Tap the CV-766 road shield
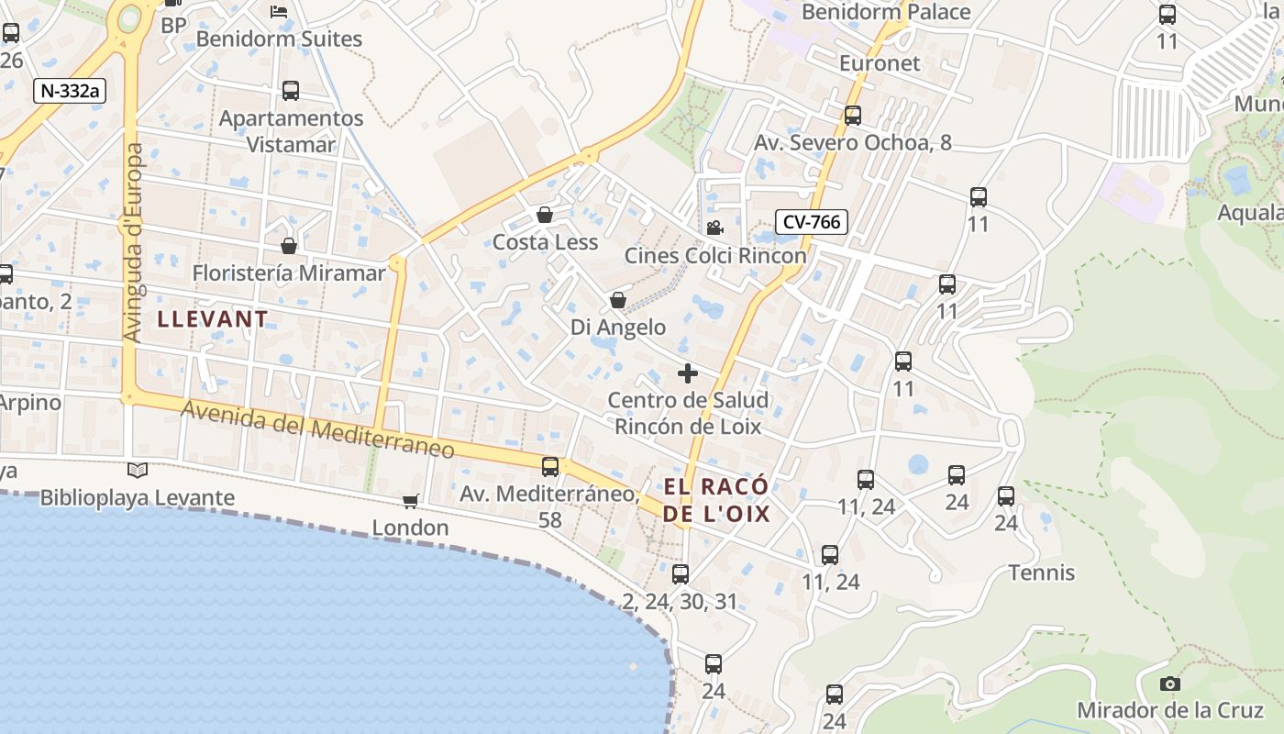[x=812, y=221]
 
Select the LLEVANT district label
[x=213, y=319]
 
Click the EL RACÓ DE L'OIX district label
[x=716, y=500]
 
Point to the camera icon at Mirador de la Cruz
[x=1169, y=684]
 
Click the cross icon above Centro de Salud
[x=688, y=373]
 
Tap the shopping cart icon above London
[x=410, y=501]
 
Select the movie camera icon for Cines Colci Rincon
[x=714, y=228]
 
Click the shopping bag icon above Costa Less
[x=545, y=215]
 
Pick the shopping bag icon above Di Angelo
[x=618, y=300]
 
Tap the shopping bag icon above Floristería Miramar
[x=289, y=246]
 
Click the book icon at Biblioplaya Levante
[x=138, y=471]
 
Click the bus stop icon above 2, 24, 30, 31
[x=680, y=574]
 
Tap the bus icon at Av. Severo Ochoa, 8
[x=853, y=116]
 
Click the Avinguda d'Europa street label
[x=134, y=243]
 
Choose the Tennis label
[x=1041, y=573]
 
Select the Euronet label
[x=880, y=63]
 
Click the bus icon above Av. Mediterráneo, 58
[x=550, y=466]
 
